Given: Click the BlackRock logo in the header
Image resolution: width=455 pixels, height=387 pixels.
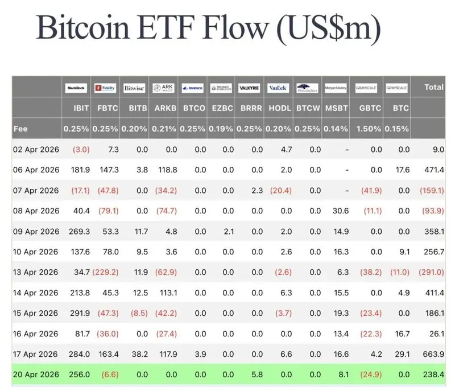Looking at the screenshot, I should click(76, 88).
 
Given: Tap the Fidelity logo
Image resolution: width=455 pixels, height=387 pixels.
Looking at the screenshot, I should click(105, 88).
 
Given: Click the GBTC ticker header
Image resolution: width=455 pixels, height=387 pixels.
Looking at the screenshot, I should click(369, 108).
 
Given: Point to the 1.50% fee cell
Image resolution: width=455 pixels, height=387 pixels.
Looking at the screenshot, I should click(369, 129).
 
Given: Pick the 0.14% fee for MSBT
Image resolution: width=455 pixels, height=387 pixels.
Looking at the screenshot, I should click(336, 129).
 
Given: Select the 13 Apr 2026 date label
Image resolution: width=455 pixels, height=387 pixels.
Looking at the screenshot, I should click(36, 273).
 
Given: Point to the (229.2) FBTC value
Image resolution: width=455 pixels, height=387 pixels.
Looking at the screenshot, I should click(106, 273).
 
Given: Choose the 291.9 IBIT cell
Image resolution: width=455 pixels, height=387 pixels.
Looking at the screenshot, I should click(78, 314).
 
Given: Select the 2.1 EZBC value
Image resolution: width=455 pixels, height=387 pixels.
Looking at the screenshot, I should click(226, 232).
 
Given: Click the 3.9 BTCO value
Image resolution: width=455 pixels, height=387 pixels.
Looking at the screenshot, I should click(196, 355).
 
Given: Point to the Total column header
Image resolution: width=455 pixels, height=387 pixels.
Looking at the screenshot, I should click(434, 88).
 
